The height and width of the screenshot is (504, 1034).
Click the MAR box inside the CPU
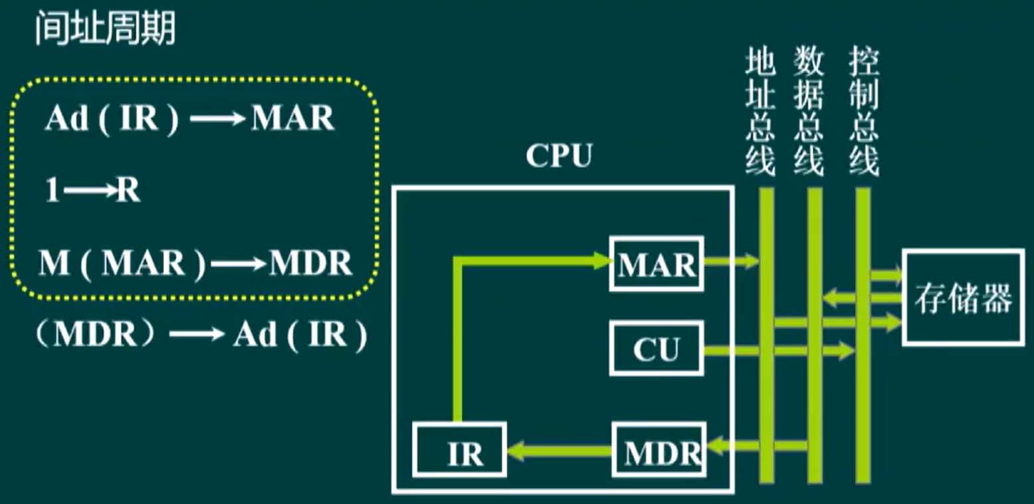(x=657, y=264)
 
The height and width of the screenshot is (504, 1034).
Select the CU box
(x=657, y=349)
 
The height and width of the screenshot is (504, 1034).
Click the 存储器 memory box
(x=962, y=298)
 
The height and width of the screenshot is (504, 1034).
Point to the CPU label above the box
(x=558, y=156)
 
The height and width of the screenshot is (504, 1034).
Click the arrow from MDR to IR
(x=558, y=452)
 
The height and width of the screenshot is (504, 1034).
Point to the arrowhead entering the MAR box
(x=601, y=260)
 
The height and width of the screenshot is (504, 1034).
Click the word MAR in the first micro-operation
(x=292, y=120)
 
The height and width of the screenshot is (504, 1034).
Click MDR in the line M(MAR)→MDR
(x=310, y=264)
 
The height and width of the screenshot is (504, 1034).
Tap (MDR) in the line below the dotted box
(x=96, y=335)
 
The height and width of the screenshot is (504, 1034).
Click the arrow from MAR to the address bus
(x=731, y=262)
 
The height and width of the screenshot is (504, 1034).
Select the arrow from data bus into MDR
(x=758, y=446)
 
